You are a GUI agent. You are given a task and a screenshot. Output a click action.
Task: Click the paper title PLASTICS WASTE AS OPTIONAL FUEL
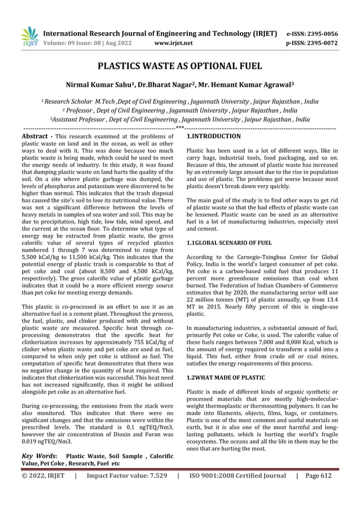(180, 66)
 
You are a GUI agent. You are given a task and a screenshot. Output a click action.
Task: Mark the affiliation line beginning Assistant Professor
(180, 120)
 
